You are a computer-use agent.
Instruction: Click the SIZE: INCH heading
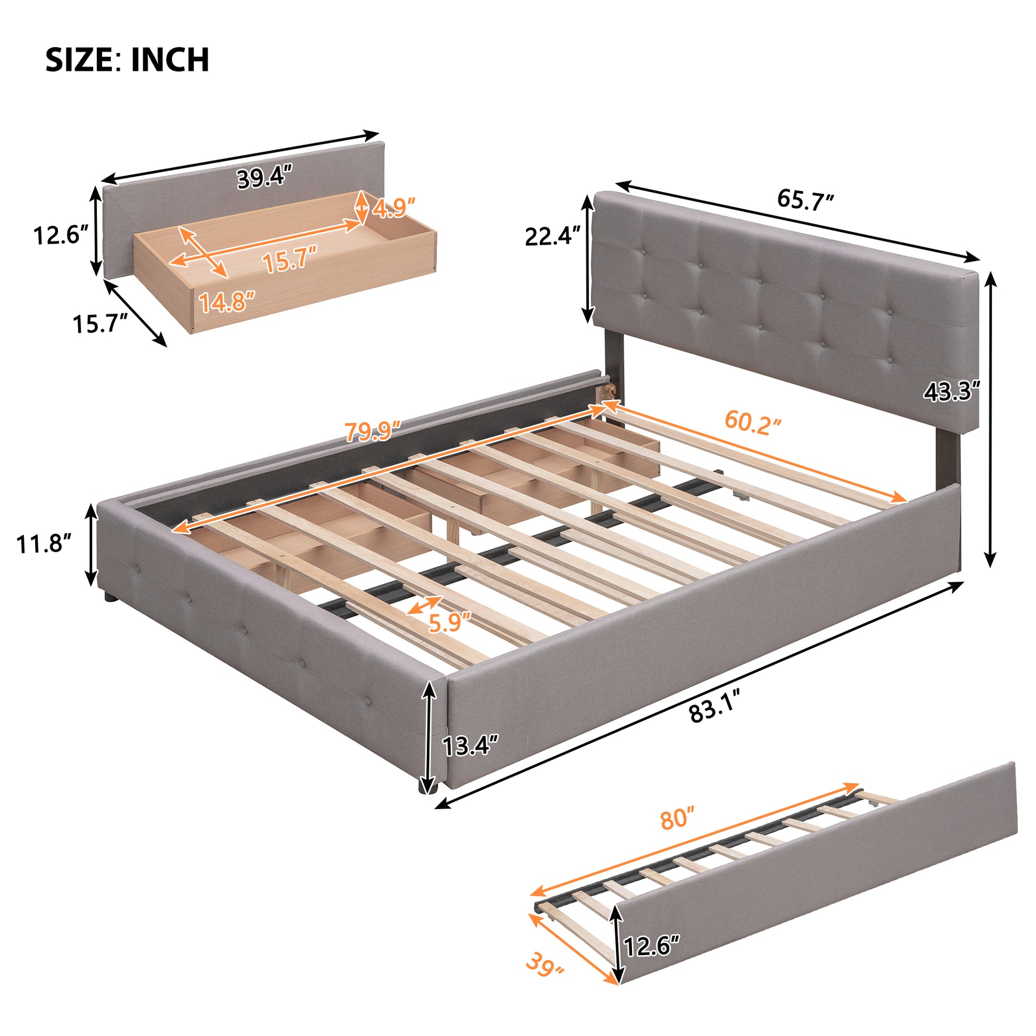point(127,60)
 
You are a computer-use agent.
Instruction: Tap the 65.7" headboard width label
point(805,200)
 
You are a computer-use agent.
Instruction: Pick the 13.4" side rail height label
point(470,745)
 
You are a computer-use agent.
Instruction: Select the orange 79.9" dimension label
point(373,431)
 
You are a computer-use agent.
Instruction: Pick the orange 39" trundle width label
point(545,980)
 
